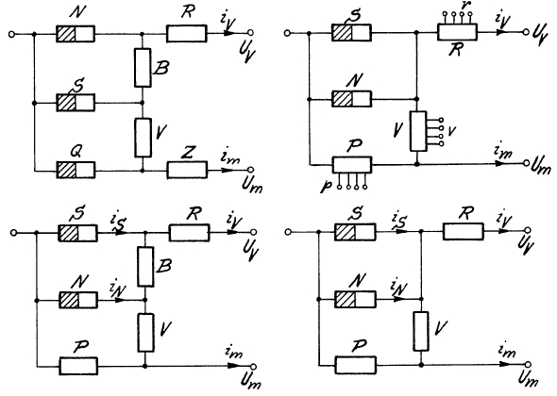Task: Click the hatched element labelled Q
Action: [76, 170]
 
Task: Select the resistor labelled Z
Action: [187, 170]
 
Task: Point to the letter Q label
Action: [76, 153]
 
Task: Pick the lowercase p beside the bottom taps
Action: [326, 186]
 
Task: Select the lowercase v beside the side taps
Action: [452, 132]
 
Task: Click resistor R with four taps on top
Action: [458, 32]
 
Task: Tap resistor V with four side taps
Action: [418, 131]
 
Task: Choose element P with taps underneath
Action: [352, 165]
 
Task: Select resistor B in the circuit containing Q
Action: [143, 68]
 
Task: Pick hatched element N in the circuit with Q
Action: [76, 34]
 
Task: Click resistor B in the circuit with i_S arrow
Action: [145, 267]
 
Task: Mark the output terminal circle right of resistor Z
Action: [250, 170]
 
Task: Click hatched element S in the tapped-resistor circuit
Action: [352, 33]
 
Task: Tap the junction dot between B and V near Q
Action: [143, 103]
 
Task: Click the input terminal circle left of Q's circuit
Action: [11, 34]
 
